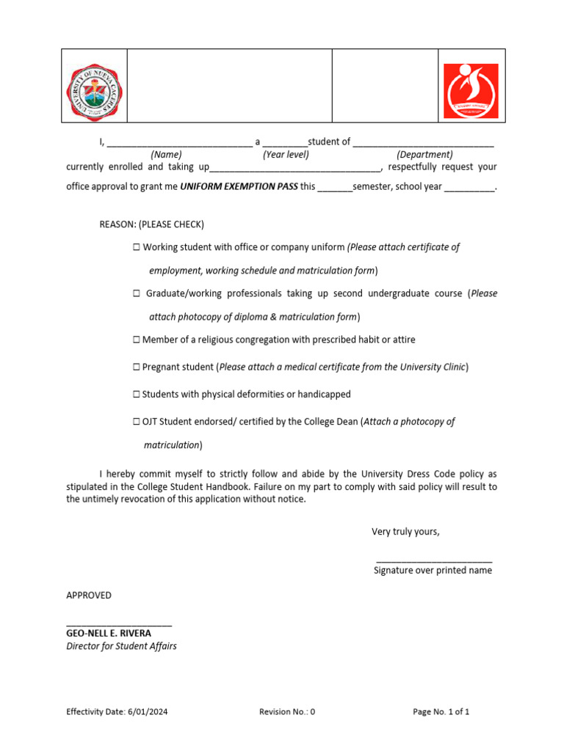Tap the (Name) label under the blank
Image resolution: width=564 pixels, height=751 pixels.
(x=166, y=155)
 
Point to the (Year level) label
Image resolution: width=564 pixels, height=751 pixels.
(x=286, y=155)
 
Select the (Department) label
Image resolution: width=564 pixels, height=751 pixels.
(x=424, y=155)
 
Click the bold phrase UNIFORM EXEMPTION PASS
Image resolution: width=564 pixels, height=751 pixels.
(x=239, y=186)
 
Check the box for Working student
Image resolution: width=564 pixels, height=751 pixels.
(x=137, y=248)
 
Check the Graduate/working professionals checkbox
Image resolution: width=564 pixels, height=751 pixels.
(x=137, y=294)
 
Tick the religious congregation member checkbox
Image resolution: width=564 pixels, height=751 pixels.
(x=137, y=340)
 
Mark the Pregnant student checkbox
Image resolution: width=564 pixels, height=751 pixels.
(x=137, y=367)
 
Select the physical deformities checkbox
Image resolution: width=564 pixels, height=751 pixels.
(x=137, y=395)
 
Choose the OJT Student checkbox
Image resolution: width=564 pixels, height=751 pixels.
(x=137, y=422)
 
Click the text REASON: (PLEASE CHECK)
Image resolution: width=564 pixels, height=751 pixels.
(x=152, y=224)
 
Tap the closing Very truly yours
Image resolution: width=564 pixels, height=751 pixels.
(x=405, y=532)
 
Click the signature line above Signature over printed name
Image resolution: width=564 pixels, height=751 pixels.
(x=433, y=561)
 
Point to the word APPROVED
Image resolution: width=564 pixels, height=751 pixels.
(x=89, y=596)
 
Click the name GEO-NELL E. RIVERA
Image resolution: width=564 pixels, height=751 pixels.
(x=109, y=633)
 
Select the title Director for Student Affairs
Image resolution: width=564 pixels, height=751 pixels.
(x=121, y=646)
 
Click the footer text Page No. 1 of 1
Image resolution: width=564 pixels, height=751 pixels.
(x=441, y=711)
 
